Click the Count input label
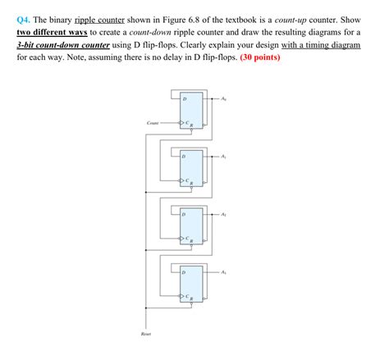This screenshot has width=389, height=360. (x=152, y=123)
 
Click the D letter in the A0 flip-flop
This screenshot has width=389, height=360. (x=185, y=98)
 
